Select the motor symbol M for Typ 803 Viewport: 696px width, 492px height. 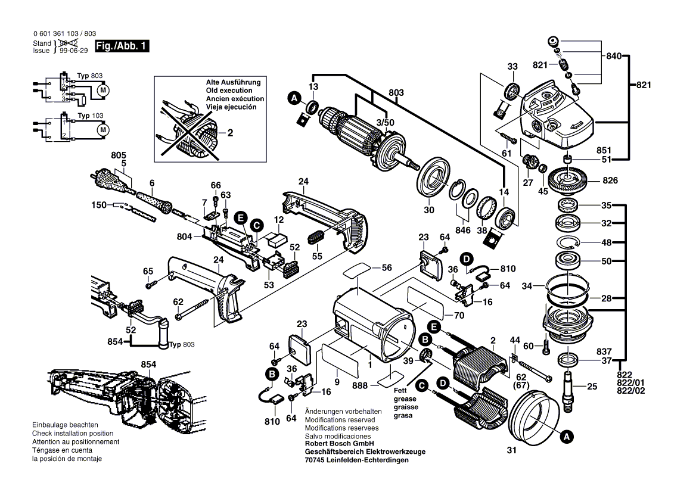click(x=102, y=90)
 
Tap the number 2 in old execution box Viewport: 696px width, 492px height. click(x=229, y=133)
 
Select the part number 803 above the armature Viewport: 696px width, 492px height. click(x=396, y=93)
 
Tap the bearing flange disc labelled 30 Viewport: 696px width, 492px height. click(x=436, y=179)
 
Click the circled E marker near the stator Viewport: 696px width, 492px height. click(x=434, y=326)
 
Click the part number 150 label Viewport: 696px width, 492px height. click(x=100, y=205)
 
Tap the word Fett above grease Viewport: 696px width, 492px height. click(x=400, y=391)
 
